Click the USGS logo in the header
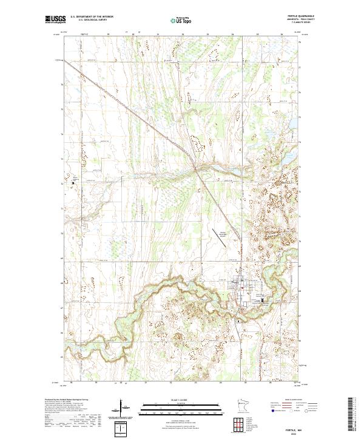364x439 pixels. tap(56, 20)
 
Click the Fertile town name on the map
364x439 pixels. tap(235, 283)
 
